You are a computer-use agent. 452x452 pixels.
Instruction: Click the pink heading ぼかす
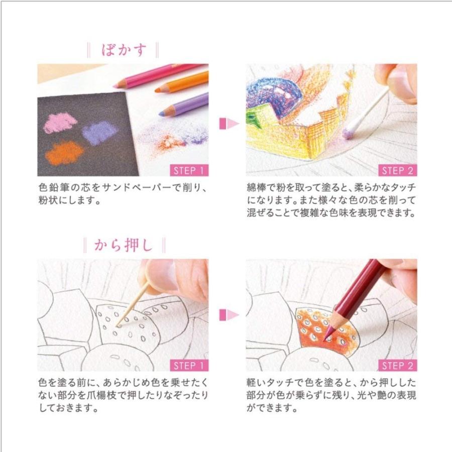(x=123, y=50)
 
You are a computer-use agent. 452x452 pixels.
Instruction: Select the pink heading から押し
(x=123, y=245)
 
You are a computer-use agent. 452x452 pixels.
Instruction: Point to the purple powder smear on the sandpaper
(x=99, y=133)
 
